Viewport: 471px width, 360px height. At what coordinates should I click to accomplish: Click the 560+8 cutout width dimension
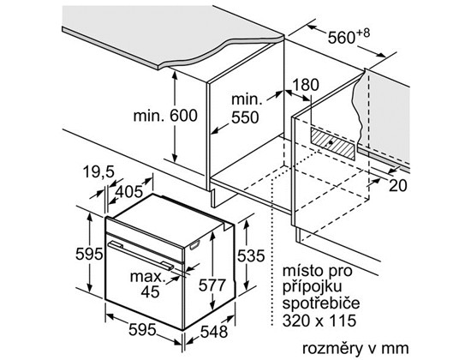(349, 36)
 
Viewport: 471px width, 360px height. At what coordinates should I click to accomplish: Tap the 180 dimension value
(305, 85)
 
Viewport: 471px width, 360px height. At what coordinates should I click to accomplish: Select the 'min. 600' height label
(165, 116)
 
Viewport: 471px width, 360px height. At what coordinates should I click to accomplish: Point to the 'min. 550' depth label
(245, 109)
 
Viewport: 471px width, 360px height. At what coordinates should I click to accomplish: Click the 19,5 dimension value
(98, 172)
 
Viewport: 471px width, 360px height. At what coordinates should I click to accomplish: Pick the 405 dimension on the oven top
(129, 192)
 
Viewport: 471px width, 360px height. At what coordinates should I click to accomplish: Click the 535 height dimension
(251, 256)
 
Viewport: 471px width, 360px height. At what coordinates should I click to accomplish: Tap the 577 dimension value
(212, 285)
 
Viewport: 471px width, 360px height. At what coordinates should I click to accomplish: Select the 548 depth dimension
(214, 332)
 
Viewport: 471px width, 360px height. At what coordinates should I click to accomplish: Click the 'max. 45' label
(148, 284)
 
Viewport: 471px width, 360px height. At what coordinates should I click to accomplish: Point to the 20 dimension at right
(398, 185)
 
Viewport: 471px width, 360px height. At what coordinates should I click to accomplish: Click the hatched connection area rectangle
(332, 143)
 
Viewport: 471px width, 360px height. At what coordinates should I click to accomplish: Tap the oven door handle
(140, 255)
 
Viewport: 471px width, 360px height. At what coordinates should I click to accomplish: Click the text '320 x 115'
(319, 321)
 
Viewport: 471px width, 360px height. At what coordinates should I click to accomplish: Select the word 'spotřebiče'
(321, 303)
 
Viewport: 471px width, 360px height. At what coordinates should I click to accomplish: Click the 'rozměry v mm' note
(355, 348)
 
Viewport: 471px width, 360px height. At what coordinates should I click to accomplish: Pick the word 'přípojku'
(313, 286)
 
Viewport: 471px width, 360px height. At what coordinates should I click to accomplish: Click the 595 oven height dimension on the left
(89, 254)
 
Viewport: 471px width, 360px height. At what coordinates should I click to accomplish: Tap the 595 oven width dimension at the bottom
(142, 330)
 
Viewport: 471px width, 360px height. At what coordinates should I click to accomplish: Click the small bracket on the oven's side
(195, 245)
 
